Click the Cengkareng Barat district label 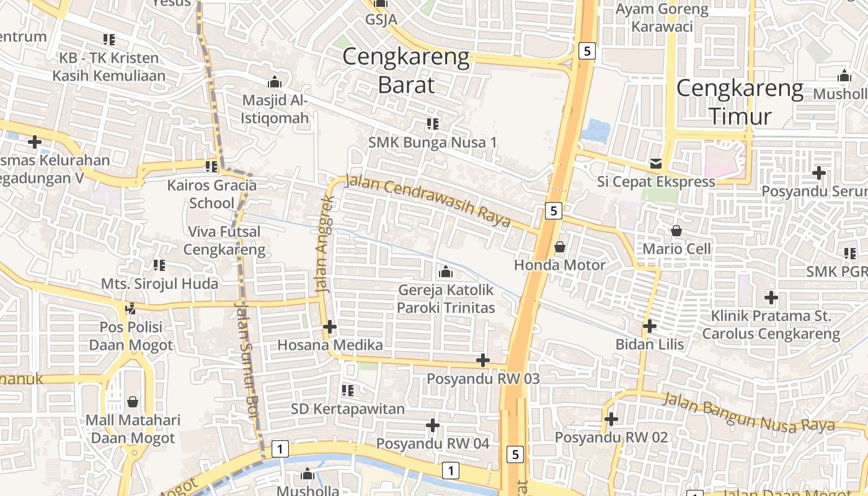tap(406, 70)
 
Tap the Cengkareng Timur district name tap(740, 102)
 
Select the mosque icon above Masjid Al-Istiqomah tap(275, 82)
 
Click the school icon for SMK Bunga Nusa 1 tap(433, 124)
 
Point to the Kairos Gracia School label tap(212, 193)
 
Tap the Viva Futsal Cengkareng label tap(224, 241)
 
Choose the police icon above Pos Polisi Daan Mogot tap(131, 308)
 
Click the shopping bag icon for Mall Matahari tap(133, 402)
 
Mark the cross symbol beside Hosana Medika tap(330, 327)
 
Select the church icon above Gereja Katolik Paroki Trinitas tap(445, 272)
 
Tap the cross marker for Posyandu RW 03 tap(483, 360)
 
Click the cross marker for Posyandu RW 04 tap(433, 425)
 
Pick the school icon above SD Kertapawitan tap(348, 391)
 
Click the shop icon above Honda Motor tap(560, 247)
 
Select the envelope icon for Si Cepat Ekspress tap(656, 164)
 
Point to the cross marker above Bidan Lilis tap(650, 326)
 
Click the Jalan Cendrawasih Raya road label tap(428, 201)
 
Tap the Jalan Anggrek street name tap(325, 244)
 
